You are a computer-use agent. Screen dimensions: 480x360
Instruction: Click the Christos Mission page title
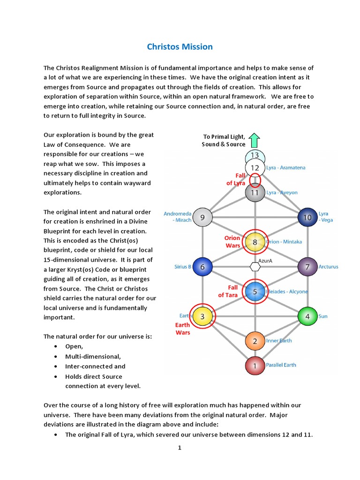pyautogui.click(x=180, y=47)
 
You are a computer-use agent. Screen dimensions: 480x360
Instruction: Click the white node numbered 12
pyautogui.click(x=255, y=167)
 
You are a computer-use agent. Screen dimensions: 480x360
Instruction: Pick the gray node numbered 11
pyautogui.click(x=255, y=193)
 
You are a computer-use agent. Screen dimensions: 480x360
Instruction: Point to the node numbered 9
pyautogui.click(x=202, y=217)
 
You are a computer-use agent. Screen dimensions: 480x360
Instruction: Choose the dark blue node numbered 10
pyautogui.click(x=307, y=217)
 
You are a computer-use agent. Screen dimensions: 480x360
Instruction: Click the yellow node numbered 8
pyautogui.click(x=255, y=242)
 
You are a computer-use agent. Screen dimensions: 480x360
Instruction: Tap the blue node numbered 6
pyautogui.click(x=202, y=267)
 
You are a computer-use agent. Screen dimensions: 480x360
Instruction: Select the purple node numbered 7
pyautogui.click(x=307, y=267)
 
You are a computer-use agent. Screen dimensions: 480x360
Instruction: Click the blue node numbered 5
pyautogui.click(x=255, y=292)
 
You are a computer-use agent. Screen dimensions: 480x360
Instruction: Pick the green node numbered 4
pyautogui.click(x=307, y=316)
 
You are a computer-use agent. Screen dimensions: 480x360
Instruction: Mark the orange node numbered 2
pyautogui.click(x=255, y=341)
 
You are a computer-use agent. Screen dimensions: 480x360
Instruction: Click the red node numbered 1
pyautogui.click(x=255, y=366)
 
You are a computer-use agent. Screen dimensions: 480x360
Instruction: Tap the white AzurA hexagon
pyautogui.click(x=255, y=267)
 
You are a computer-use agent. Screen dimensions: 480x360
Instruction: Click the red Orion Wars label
pyautogui.click(x=232, y=241)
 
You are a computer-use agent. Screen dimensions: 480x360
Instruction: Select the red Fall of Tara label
pyautogui.click(x=228, y=291)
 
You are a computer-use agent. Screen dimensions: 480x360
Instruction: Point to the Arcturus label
pyautogui.click(x=328, y=267)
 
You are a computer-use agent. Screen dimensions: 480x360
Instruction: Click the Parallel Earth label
pyautogui.click(x=281, y=365)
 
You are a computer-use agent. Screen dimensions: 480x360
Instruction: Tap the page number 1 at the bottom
pyautogui.click(x=180, y=448)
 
